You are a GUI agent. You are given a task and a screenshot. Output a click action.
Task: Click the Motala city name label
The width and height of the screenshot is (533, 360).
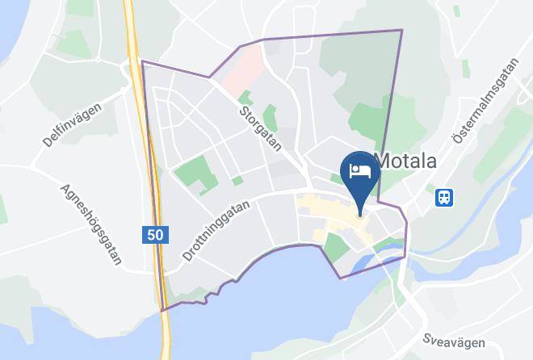coord(406,161)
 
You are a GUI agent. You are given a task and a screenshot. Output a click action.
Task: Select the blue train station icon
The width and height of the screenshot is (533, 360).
coord(443,196)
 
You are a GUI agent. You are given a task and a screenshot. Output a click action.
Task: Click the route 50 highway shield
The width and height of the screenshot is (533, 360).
coord(157,235)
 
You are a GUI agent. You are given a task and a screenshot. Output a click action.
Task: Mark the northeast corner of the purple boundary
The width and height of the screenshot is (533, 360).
coord(401,31)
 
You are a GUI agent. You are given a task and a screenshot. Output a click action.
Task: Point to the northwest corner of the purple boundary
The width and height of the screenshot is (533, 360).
coord(142,61)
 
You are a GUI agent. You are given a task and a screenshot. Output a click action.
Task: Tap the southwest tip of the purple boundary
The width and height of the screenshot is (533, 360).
coord(162,310)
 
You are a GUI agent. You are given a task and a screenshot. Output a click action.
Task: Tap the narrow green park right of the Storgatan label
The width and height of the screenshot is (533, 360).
coord(270,118)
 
